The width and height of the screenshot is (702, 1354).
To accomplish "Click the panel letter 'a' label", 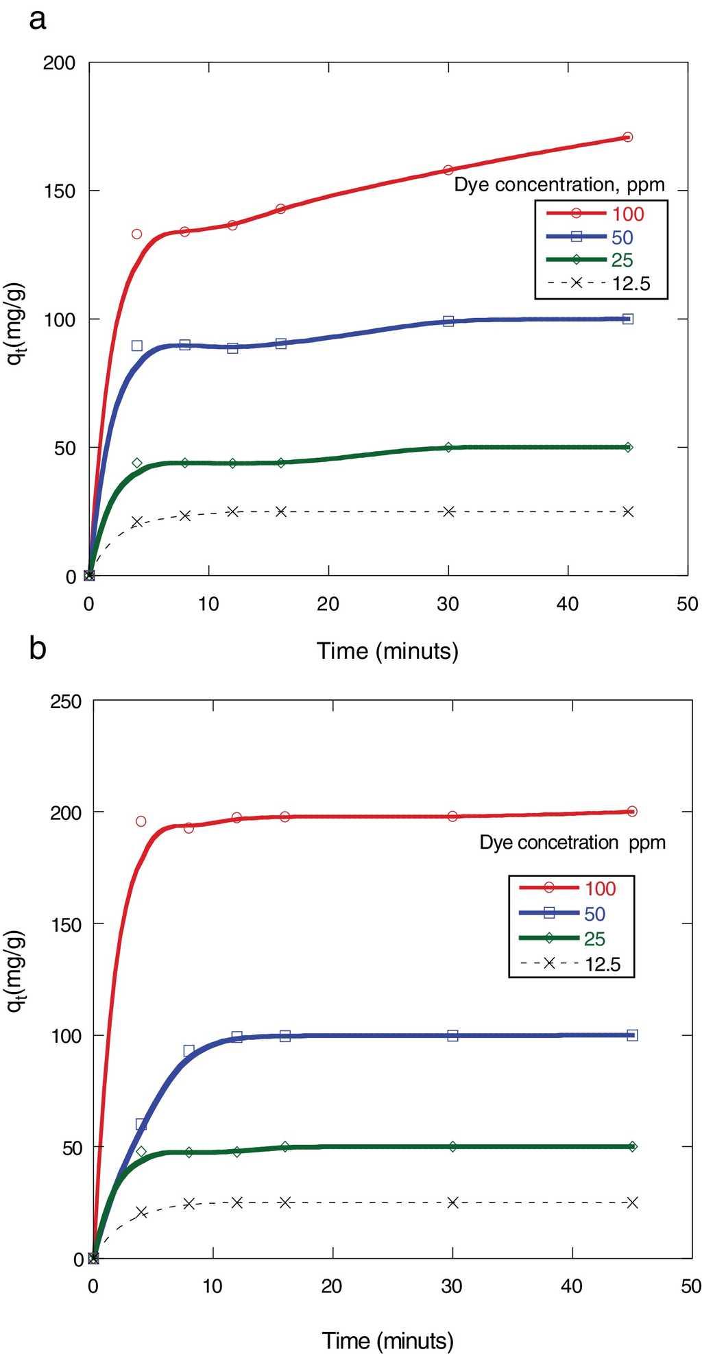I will (38, 20).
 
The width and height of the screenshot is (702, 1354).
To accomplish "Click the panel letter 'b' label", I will (38, 647).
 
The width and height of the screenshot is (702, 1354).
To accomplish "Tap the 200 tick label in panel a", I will (60, 63).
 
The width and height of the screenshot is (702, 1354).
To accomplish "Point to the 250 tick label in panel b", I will (66, 702).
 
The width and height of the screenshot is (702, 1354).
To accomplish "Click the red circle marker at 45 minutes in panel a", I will (627, 137).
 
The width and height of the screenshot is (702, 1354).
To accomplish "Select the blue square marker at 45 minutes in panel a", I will (627, 319).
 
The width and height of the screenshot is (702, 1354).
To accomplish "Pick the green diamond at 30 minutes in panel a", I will (448, 447).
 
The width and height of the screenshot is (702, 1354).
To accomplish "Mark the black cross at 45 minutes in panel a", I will (627, 511).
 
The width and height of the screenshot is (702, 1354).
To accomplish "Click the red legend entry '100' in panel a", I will (628, 214).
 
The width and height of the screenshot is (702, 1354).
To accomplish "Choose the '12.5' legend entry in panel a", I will (631, 283).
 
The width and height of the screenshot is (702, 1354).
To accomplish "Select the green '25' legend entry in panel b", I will (594, 939).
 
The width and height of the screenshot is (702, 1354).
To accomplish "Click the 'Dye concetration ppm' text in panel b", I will (572, 843).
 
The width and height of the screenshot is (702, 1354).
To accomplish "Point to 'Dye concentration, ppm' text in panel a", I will (559, 184).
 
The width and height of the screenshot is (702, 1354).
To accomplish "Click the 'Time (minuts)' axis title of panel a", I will (387, 650).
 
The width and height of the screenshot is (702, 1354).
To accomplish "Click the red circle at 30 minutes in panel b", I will (452, 816).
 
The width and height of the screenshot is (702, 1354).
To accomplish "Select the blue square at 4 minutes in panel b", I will (141, 1124).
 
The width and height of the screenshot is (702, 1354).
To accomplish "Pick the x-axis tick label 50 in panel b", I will (690, 1286).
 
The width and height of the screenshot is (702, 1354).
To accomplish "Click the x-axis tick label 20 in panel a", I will (328, 604).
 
